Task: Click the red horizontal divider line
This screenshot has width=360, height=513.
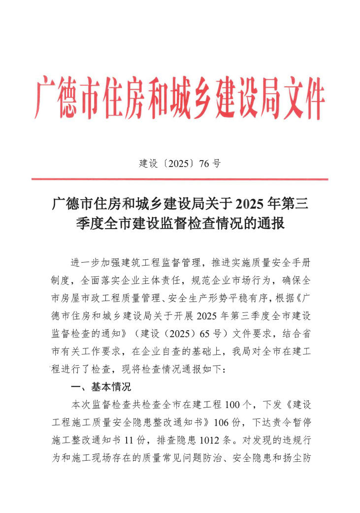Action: pyautogui.click(x=180, y=179)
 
